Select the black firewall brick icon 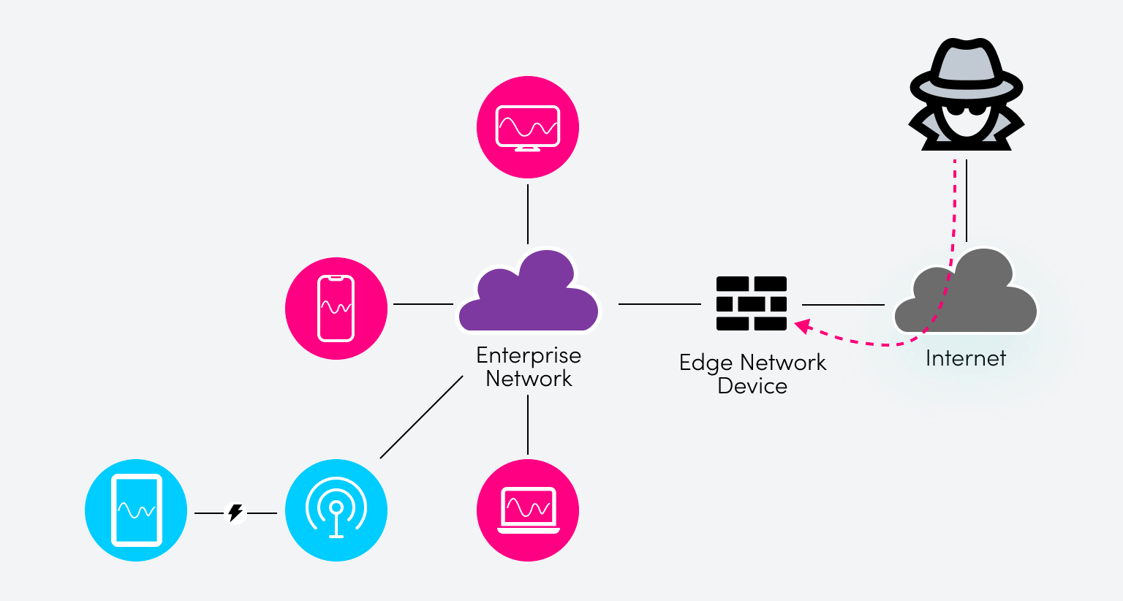pyautogui.click(x=751, y=303)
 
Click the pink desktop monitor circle pyautogui.click(x=528, y=127)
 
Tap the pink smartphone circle pyautogui.click(x=336, y=309)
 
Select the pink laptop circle pyautogui.click(x=528, y=510)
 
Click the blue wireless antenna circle pyautogui.click(x=336, y=510)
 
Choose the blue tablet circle pyautogui.click(x=136, y=510)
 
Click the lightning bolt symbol pyautogui.click(x=235, y=513)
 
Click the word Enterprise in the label pyautogui.click(x=528, y=355)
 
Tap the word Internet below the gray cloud pyautogui.click(x=965, y=358)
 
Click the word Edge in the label pyautogui.click(x=705, y=363)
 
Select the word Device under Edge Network pyautogui.click(x=752, y=386)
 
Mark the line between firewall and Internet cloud pyautogui.click(x=843, y=304)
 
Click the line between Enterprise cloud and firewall pyautogui.click(x=659, y=303)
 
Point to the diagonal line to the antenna pyautogui.click(x=422, y=417)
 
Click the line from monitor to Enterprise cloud pyautogui.click(x=528, y=213)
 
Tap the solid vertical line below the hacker pyautogui.click(x=967, y=200)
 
